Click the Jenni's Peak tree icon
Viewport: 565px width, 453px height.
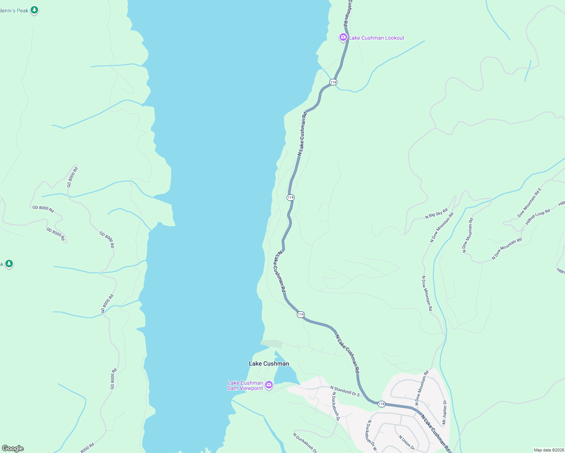tap(34, 10)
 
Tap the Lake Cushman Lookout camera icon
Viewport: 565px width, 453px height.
tap(343, 37)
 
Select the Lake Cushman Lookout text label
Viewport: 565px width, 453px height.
tap(377, 38)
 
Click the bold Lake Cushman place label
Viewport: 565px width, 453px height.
tap(269, 364)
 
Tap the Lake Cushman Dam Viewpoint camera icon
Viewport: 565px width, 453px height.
tap(269, 385)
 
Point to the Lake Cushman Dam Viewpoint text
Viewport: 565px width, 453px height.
tap(245, 385)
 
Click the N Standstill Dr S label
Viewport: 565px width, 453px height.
tap(345, 391)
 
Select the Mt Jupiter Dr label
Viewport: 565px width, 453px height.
tap(445, 412)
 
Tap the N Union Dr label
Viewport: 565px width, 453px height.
tap(406, 442)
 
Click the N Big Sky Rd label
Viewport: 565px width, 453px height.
tap(436, 214)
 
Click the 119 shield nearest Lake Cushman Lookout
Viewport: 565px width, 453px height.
tap(333, 82)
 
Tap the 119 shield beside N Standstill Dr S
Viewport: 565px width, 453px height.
tap(381, 404)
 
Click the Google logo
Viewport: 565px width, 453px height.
tap(13, 448)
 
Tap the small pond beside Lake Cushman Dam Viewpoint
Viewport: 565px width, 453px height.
tap(285, 374)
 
